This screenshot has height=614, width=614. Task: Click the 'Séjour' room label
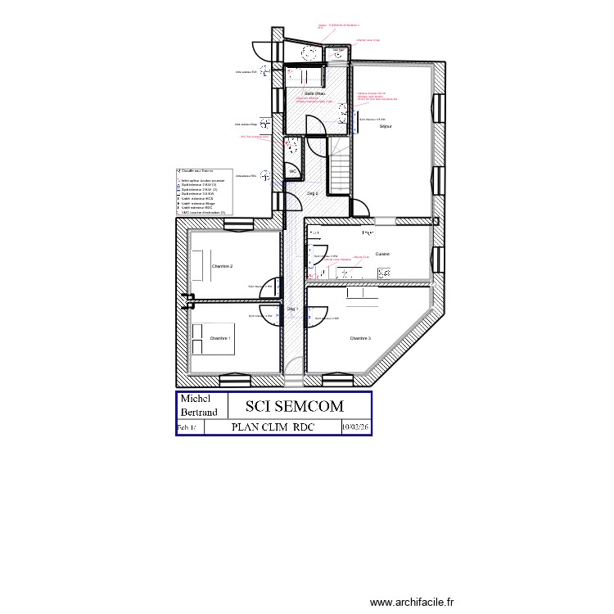[386, 127]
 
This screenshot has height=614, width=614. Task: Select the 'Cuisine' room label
[382, 254]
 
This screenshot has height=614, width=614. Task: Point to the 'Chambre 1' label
[220, 338]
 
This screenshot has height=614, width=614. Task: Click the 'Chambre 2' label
[222, 267]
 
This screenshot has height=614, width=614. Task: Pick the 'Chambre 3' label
[360, 338]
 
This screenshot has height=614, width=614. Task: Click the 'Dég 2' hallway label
[312, 193]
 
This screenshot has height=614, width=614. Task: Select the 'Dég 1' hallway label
[292, 309]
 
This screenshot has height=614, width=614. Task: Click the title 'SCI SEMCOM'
[295, 406]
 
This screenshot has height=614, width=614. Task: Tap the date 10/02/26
[355, 427]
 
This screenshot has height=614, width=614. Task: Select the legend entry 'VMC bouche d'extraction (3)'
[203, 212]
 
